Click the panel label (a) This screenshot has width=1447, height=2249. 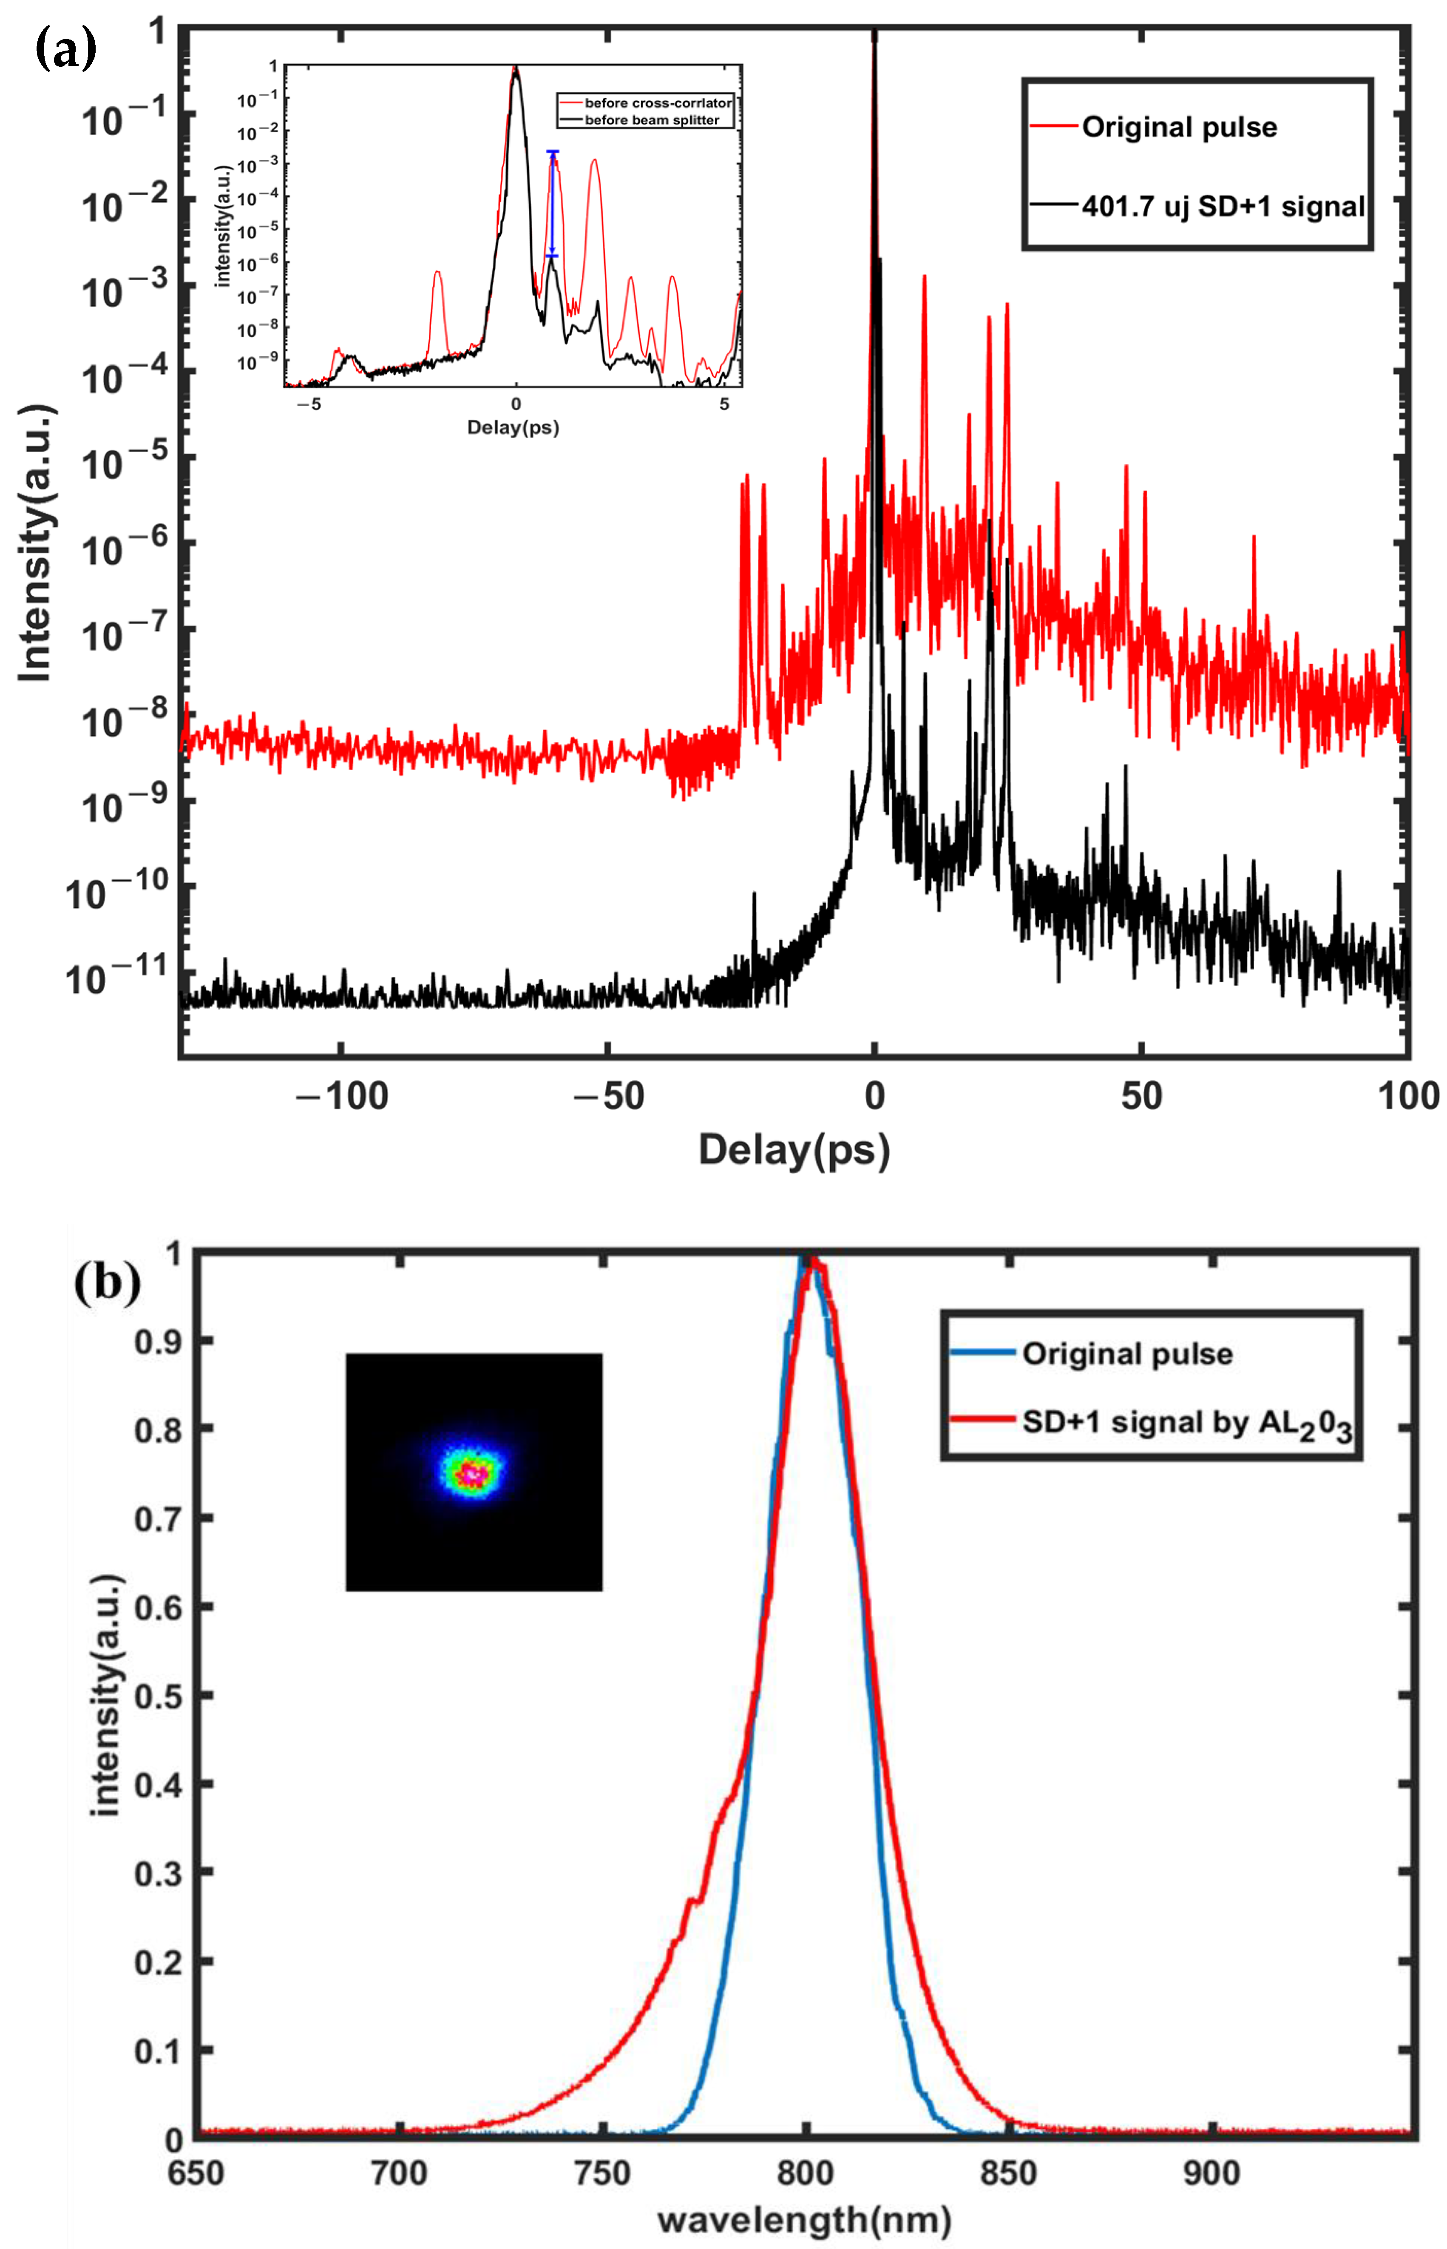point(66,49)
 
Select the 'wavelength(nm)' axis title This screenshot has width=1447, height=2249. point(804,2221)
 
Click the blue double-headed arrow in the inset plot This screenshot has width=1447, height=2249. point(553,203)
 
